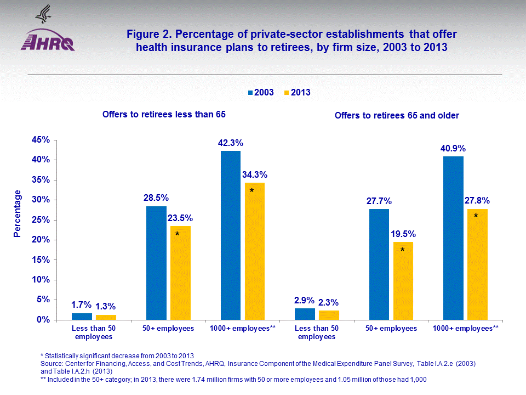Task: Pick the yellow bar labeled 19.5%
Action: point(403,280)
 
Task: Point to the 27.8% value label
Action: point(477,200)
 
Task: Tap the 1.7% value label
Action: point(82,304)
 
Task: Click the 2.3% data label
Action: point(329,302)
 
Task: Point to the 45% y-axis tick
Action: point(41,140)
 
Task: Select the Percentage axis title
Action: point(18,213)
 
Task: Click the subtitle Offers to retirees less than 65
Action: point(164,114)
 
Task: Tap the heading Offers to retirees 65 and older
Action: point(397,115)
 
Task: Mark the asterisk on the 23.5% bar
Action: point(177,234)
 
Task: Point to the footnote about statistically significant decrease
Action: point(117,357)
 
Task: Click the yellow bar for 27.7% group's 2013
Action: point(403,280)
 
